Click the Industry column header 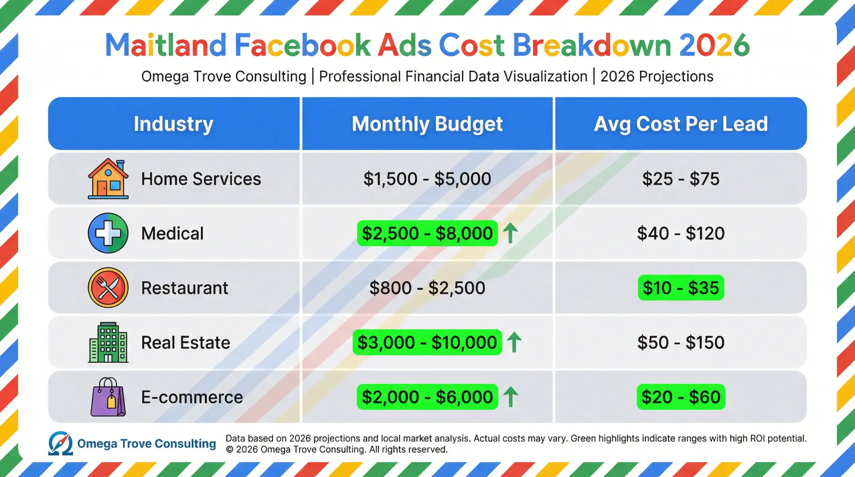(173, 124)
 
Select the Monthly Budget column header (427, 124)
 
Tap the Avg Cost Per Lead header (681, 124)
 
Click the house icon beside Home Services (108, 179)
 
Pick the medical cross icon (108, 233)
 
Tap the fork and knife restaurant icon (108, 287)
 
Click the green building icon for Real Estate (108, 342)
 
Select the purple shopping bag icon (108, 397)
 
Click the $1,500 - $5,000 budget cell (427, 179)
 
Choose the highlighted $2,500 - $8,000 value (427, 233)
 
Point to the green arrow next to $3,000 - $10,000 (514, 342)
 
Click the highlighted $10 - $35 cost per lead (681, 288)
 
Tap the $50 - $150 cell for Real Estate (681, 342)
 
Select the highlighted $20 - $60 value (681, 397)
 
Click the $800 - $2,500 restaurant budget (427, 288)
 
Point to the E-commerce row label (192, 397)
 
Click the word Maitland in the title (166, 45)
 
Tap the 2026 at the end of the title (714, 45)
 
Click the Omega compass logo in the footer (60, 443)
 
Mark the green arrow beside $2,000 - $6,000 (510, 397)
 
